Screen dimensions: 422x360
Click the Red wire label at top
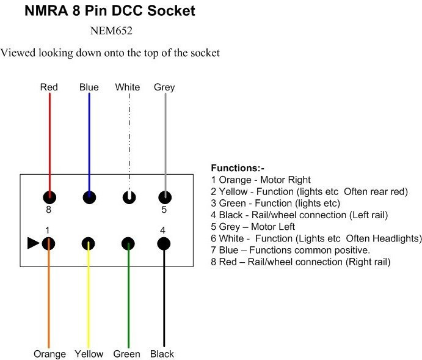[49, 87]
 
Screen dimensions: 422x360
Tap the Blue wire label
[89, 87]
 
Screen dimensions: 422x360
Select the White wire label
[127, 87]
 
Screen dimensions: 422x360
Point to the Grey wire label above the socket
[164, 87]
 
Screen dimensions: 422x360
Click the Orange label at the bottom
[50, 354]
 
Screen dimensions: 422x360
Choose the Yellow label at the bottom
[89, 354]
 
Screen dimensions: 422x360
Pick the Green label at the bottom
[127, 354]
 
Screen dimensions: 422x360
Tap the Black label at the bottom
[162, 354]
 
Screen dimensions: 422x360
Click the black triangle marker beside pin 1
[33, 243]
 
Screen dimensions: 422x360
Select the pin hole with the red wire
[49, 197]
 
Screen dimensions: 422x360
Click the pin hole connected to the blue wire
[89, 197]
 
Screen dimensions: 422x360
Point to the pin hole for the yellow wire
[89, 244]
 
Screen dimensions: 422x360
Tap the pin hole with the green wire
[128, 244]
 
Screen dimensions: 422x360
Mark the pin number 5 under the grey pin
[164, 210]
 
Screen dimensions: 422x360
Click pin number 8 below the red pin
[48, 210]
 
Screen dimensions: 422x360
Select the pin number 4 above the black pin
[162, 230]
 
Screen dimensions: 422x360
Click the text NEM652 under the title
[111, 31]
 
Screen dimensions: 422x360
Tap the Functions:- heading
[238, 168]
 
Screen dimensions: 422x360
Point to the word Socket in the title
[172, 11]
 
